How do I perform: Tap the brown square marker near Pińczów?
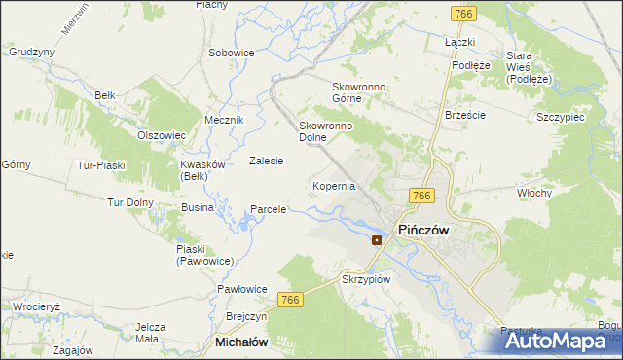[x=377, y=239]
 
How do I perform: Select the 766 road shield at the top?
[x=463, y=13]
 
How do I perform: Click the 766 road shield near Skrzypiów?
[x=290, y=301]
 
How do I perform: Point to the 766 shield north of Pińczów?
[x=421, y=196]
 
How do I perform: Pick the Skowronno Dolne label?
[x=324, y=131]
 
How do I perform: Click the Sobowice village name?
[x=232, y=52]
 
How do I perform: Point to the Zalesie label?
[x=266, y=161]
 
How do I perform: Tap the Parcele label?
[x=268, y=208]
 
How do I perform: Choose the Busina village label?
[x=198, y=208]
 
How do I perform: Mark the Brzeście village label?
[x=464, y=114]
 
